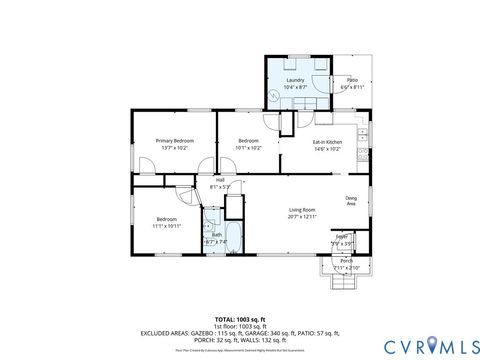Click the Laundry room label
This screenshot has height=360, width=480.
click(295, 79)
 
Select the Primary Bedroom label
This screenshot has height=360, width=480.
click(174, 141)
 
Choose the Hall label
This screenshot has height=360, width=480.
click(220, 180)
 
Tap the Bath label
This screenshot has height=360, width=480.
click(216, 235)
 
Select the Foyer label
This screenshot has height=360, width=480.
click(341, 236)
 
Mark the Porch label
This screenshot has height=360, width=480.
click(346, 261)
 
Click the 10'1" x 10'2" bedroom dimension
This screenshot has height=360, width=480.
click(249, 148)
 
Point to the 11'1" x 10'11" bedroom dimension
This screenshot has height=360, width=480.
click(166, 226)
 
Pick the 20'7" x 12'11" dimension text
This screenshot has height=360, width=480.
click(302, 216)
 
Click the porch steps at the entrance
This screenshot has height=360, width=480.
click(344, 282)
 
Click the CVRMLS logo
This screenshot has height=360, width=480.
click(424, 346)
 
